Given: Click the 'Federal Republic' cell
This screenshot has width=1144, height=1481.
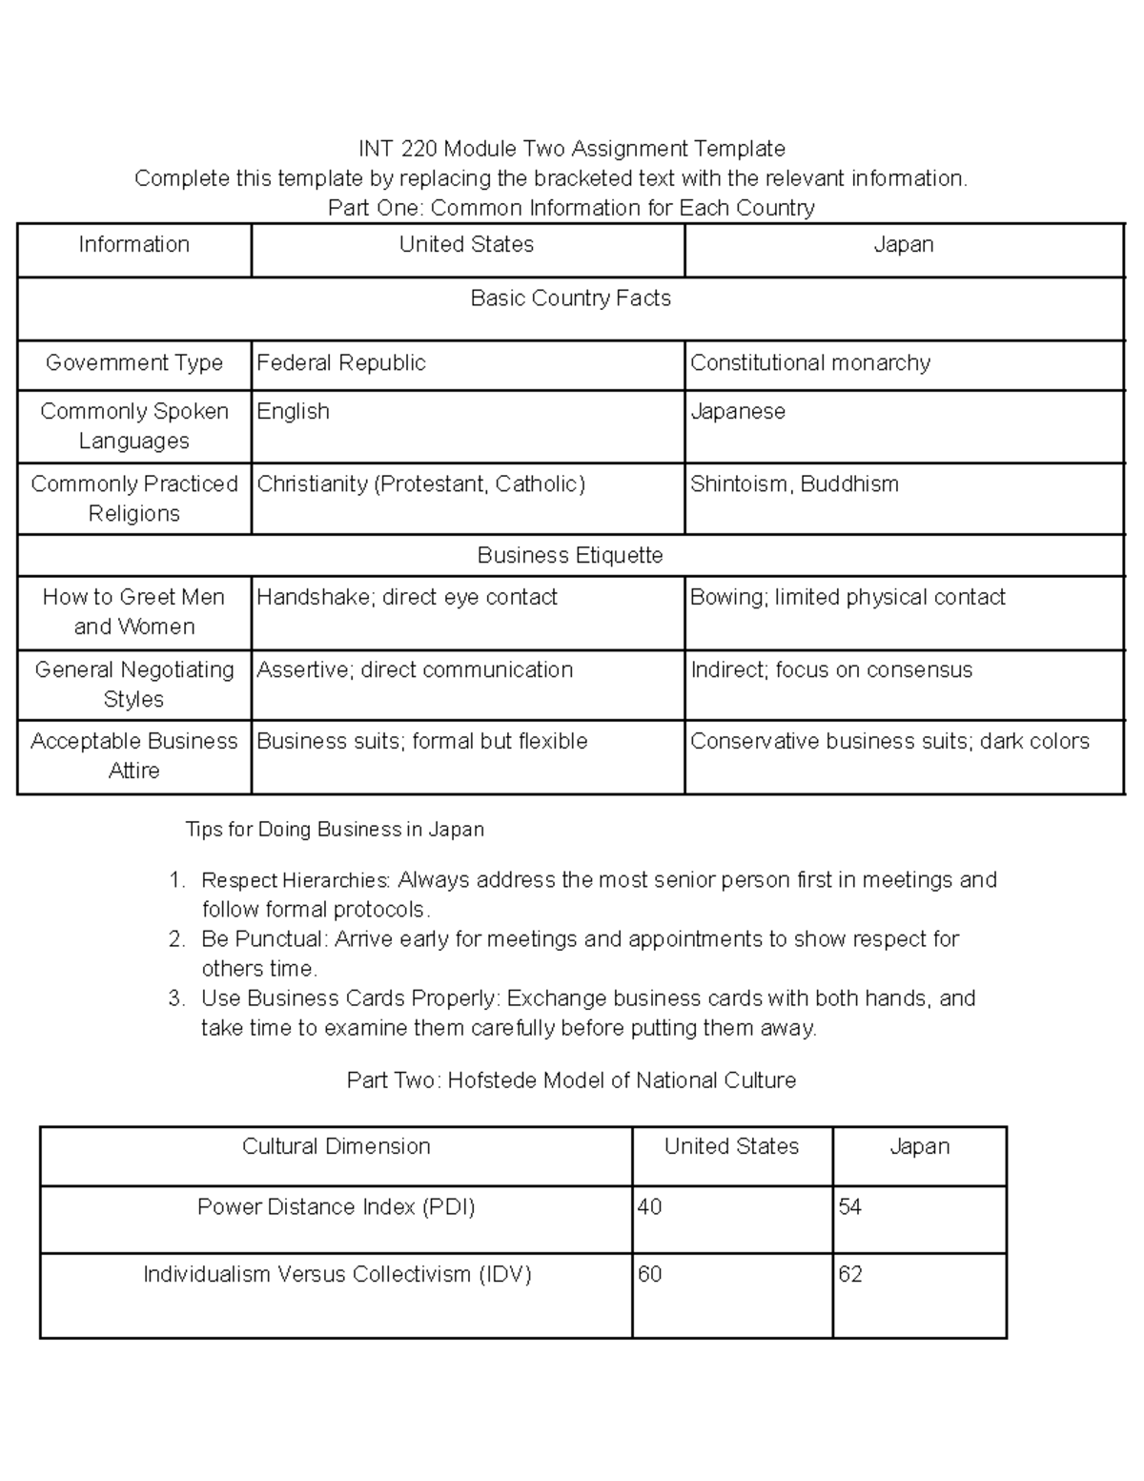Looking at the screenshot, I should (x=340, y=363).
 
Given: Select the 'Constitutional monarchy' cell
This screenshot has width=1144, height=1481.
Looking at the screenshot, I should (x=809, y=363).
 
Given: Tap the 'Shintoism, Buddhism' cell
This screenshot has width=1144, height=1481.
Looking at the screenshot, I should (x=794, y=484).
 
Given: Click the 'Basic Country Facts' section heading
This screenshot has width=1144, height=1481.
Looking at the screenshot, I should (x=570, y=298).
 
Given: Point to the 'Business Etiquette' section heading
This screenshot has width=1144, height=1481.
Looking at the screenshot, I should (x=570, y=555).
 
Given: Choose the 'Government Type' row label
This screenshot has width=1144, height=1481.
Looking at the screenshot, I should (x=133, y=363).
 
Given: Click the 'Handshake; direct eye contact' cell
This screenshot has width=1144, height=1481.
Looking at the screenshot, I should (x=406, y=598).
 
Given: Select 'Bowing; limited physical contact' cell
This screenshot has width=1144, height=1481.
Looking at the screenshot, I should (x=848, y=598).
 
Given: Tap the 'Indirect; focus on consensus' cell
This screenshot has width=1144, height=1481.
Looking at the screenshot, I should (x=830, y=670).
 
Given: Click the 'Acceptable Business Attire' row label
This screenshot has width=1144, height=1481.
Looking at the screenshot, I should (x=133, y=755).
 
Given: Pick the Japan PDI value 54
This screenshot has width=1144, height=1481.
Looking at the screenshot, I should (x=850, y=1207).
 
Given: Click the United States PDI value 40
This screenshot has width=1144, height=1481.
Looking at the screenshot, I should (x=649, y=1207).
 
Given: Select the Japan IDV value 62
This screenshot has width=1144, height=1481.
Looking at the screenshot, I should (x=850, y=1275).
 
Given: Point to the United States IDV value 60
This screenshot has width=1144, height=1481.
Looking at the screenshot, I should (x=649, y=1275).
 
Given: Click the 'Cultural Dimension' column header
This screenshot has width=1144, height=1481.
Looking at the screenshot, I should (x=336, y=1146).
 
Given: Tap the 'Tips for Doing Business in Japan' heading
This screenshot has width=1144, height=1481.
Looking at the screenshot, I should (x=335, y=830).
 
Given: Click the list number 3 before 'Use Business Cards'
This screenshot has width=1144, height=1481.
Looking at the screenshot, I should (x=174, y=998).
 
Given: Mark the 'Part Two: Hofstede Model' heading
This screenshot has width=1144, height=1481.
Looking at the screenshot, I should (x=571, y=1080).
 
